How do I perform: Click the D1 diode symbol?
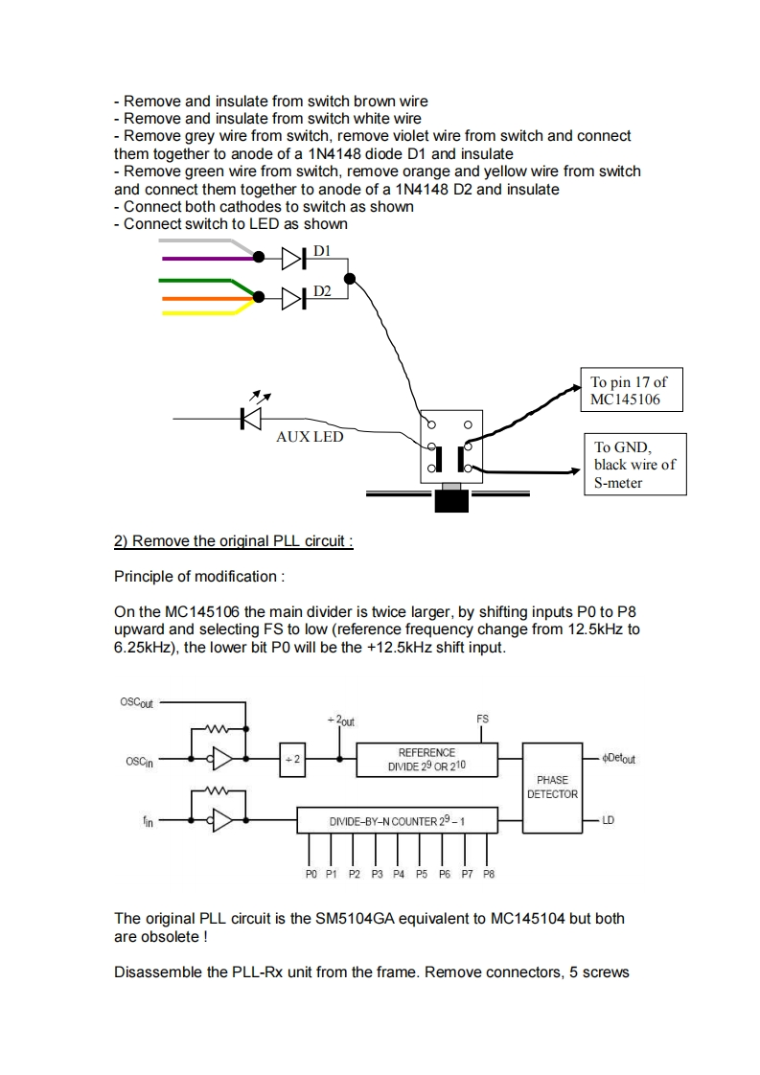pyautogui.click(x=292, y=258)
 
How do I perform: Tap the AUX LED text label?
pyautogui.click(x=309, y=436)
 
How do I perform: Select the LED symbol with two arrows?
pyautogui.click(x=252, y=416)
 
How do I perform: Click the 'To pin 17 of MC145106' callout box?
pyautogui.click(x=632, y=389)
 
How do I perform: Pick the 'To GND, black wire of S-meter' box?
pyautogui.click(x=635, y=464)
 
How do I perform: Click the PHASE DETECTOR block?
pyautogui.click(x=553, y=787)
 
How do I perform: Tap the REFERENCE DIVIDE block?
pyautogui.click(x=427, y=760)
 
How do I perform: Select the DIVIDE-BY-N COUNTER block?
pyautogui.click(x=397, y=821)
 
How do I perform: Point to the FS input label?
pyautogui.click(x=482, y=718)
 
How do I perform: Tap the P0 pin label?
pyautogui.click(x=310, y=874)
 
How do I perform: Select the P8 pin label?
pyautogui.click(x=489, y=874)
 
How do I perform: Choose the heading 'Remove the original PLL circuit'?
pyautogui.click(x=234, y=541)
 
